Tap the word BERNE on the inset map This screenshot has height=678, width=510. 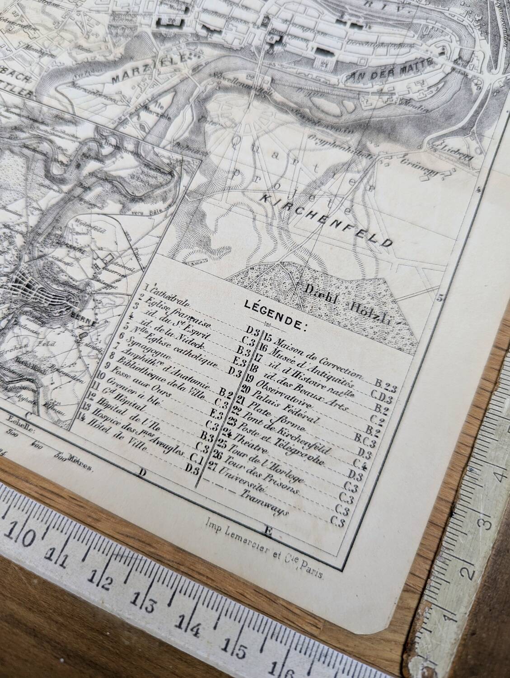pos(85,323)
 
